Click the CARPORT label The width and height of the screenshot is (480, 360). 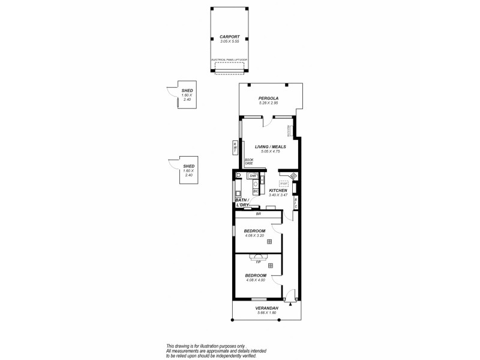tap(229, 36)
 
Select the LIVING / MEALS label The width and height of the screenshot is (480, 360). tap(270, 146)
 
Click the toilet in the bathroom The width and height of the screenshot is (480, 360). tap(238, 175)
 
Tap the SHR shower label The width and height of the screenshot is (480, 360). tap(253, 176)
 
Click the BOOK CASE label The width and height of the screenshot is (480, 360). tap(248, 161)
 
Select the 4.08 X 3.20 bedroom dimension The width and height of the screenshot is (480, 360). tap(255, 236)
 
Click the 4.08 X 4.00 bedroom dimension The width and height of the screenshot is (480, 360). tap(256, 280)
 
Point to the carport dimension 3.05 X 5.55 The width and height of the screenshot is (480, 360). tap(229, 41)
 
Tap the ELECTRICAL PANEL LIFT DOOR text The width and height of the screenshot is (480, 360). tap(229, 60)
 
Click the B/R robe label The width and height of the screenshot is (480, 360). tap(258, 214)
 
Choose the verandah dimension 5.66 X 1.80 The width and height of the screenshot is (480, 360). tap(268, 313)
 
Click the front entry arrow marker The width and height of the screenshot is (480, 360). tap(290, 304)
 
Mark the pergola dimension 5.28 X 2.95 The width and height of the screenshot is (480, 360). tap(269, 103)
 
